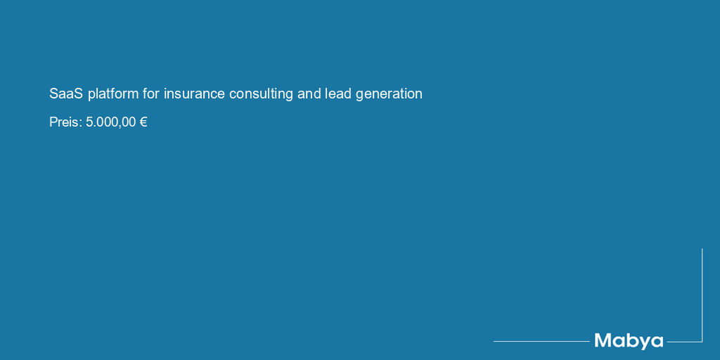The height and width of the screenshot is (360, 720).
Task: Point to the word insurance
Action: tap(194, 94)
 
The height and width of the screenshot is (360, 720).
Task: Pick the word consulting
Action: tap(261, 94)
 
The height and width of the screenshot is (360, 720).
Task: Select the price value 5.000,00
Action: tap(110, 122)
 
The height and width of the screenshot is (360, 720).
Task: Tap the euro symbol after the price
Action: tap(143, 122)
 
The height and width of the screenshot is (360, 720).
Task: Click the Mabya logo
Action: tap(629, 341)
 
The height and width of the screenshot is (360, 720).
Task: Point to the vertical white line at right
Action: tap(702, 295)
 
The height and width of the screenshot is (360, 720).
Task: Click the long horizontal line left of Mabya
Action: tap(541, 341)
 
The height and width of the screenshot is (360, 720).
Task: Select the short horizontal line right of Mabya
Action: tap(684, 342)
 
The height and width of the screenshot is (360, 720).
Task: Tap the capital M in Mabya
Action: tap(603, 340)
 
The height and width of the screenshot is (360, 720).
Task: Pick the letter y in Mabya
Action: tap(643, 343)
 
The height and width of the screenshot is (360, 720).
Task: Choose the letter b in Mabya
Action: tap(631, 340)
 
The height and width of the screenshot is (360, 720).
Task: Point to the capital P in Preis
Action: tap(53, 122)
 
